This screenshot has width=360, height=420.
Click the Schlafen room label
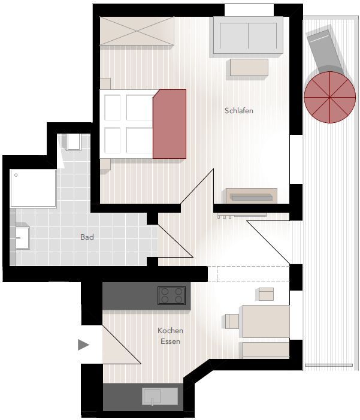[x=239, y=111]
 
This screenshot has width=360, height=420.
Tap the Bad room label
[x=87, y=237]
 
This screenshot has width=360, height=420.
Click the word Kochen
[x=170, y=331]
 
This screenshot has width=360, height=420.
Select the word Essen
[x=170, y=342]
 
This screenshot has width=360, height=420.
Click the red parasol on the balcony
[x=330, y=97]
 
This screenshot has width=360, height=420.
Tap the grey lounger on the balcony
[x=325, y=51]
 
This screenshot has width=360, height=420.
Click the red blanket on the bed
[x=170, y=124]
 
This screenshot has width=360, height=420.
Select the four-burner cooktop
[x=172, y=295]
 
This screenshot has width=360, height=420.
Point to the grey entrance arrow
[x=83, y=345]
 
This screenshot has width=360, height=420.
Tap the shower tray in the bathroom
[x=33, y=188]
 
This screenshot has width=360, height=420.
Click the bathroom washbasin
[x=23, y=238]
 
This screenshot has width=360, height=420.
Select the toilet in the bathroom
[x=74, y=142]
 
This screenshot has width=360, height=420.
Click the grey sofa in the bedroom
[x=249, y=35]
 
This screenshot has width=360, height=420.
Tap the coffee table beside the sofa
[x=249, y=67]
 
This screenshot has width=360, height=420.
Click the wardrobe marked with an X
[x=137, y=31]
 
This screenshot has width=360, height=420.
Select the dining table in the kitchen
[x=266, y=321]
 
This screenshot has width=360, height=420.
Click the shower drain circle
[x=16, y=175]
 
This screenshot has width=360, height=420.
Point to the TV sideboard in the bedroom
[x=252, y=196]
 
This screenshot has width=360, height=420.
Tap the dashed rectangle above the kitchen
[x=253, y=274]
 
